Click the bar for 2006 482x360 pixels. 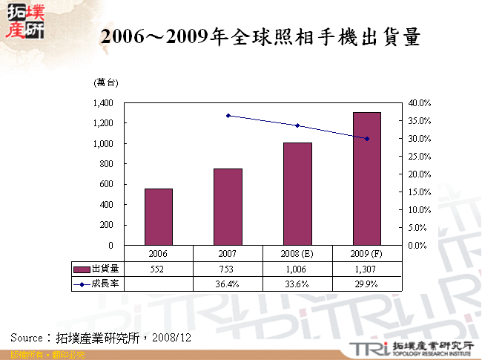pos(158,217)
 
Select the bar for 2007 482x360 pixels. pos(228,206)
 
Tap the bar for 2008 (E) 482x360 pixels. pos(297,194)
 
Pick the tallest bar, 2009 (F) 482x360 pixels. pos(366,178)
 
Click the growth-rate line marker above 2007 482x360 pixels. pos(228,116)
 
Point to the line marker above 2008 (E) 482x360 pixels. pos(297,125)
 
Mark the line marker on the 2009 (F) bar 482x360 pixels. pos(366,139)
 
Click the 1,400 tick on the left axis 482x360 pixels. pos(102,102)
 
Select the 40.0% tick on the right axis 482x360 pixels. pos(419,102)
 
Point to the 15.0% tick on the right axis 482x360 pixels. pos(419,192)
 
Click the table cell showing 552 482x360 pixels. pos(158,269)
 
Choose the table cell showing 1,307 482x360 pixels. pos(366,269)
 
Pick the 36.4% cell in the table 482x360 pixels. pos(228,283)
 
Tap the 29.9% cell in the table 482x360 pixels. pos(366,283)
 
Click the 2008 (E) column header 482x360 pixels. pos(297,253)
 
